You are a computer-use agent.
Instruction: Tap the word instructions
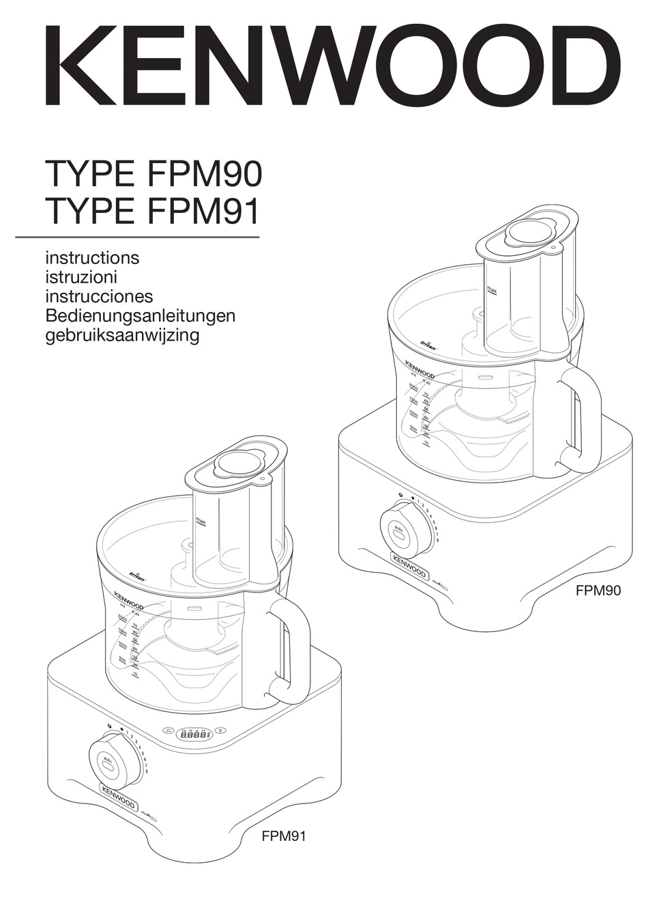click(91, 258)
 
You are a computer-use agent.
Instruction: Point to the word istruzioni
click(81, 277)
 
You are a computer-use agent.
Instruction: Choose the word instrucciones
click(98, 296)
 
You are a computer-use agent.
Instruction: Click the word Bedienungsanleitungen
click(140, 316)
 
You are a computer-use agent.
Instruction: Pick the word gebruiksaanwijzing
click(121, 335)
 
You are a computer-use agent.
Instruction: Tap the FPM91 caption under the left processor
click(284, 836)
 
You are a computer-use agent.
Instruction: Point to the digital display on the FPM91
click(196, 736)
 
